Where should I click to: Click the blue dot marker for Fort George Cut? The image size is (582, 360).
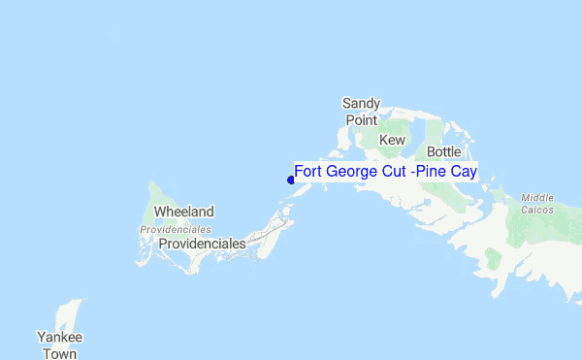point(290,179)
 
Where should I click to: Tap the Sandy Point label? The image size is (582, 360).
point(361,112)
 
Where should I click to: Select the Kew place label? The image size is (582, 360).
point(392,141)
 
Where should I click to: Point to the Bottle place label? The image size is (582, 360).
point(444,152)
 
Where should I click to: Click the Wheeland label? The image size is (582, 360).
point(184,212)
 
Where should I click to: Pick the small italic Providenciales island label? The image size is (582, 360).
point(176,229)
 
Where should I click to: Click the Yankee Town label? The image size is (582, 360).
point(59,345)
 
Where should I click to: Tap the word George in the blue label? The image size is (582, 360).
point(353,172)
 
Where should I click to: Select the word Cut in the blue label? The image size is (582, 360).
point(397,172)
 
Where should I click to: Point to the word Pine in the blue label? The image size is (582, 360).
point(433,172)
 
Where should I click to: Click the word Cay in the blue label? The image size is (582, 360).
point(466,172)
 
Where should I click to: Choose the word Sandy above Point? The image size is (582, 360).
point(361,103)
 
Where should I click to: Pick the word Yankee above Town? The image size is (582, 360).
point(59,337)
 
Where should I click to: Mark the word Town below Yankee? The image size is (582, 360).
point(59,354)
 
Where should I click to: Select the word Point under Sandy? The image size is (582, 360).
point(361,120)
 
